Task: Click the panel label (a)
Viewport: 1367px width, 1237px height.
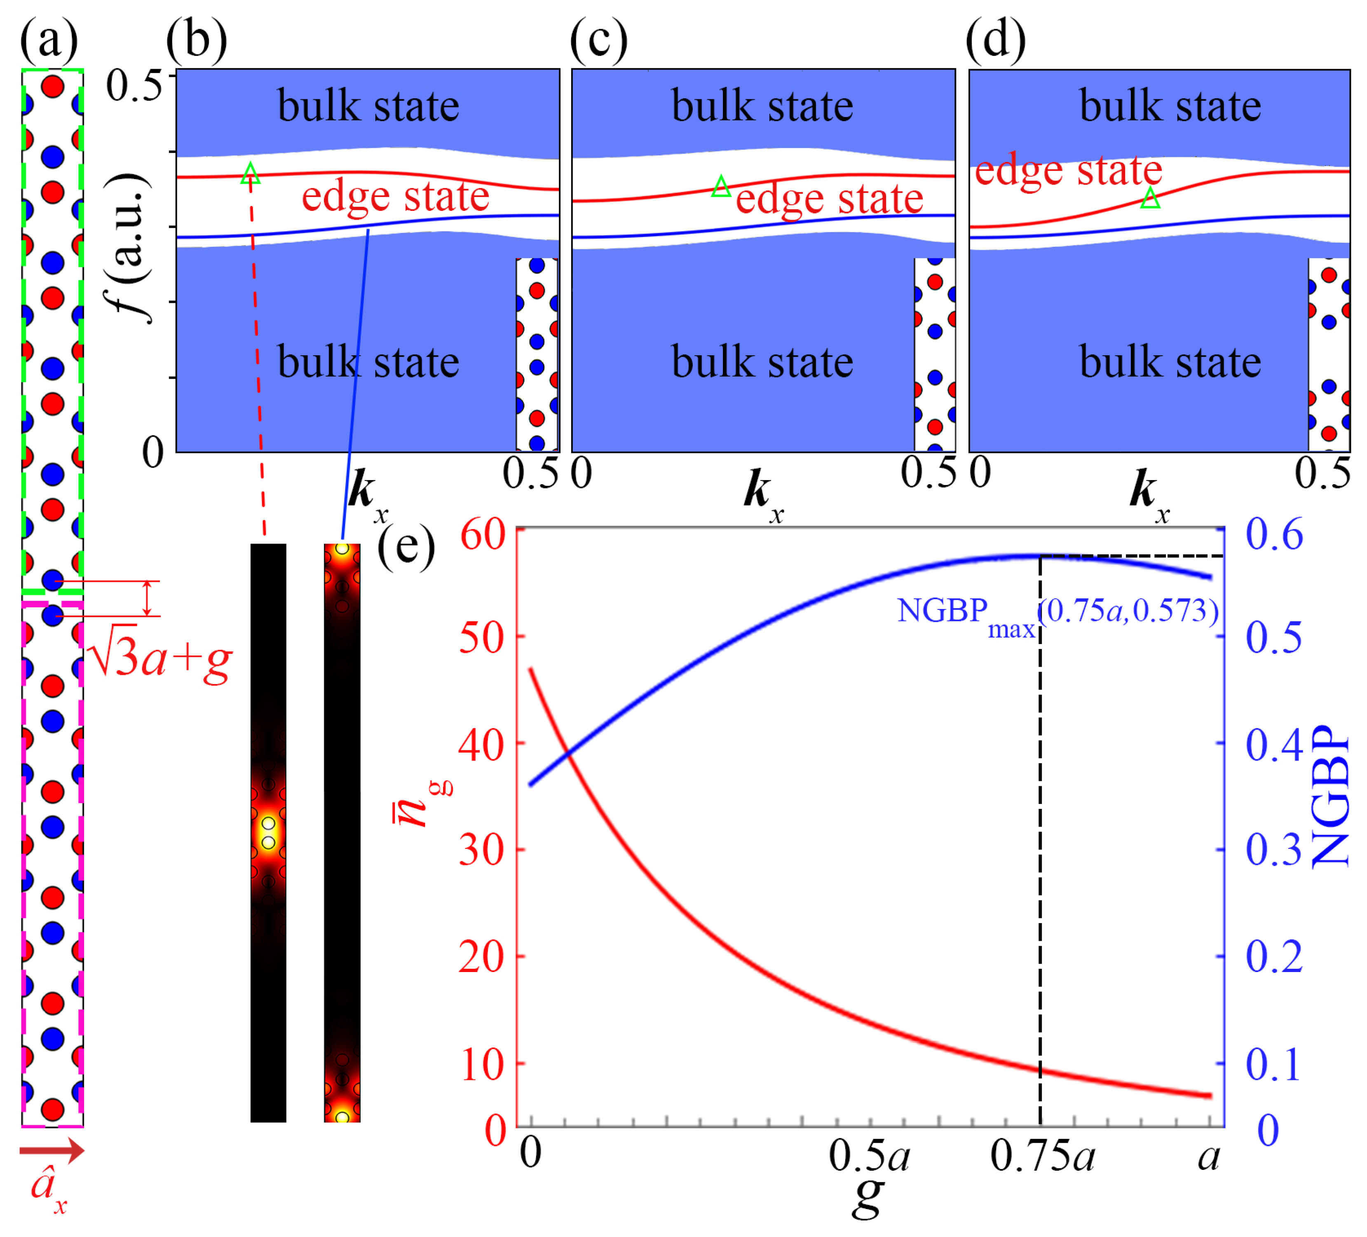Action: click(48, 41)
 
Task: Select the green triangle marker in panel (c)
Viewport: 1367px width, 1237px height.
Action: click(721, 186)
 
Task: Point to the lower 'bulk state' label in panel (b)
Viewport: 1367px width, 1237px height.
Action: click(368, 362)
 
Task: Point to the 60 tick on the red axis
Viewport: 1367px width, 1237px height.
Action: click(483, 535)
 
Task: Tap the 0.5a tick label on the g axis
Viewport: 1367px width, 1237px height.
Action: click(869, 1156)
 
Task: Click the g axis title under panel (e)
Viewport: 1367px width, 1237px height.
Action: click(868, 1196)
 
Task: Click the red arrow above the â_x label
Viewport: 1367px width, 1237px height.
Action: click(52, 1150)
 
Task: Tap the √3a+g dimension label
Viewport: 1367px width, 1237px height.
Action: click(160, 658)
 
